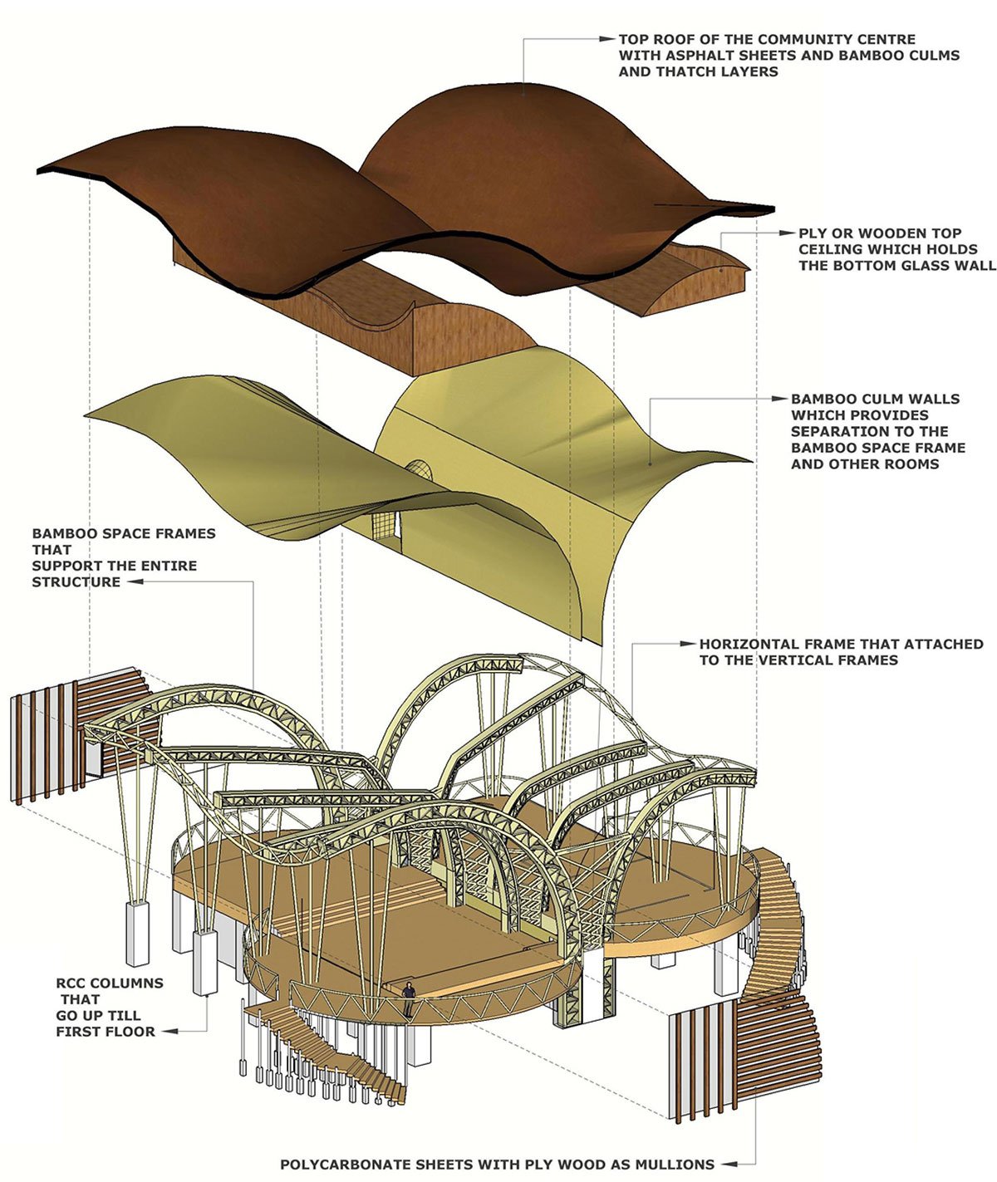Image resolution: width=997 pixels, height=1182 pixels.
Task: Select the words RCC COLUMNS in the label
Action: point(110,983)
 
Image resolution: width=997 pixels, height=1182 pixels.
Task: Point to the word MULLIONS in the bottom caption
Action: point(674,1165)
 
